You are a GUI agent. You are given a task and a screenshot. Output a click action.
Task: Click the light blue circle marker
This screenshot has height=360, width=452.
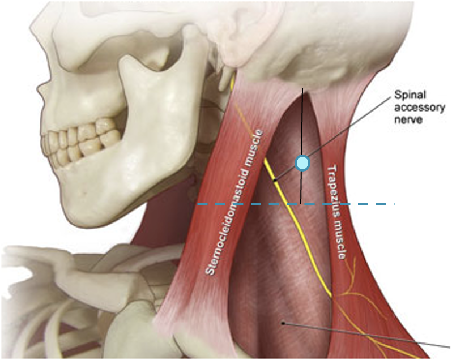tap(303, 163)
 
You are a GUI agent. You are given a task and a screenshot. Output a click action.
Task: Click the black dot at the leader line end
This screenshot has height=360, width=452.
tap(283, 323)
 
